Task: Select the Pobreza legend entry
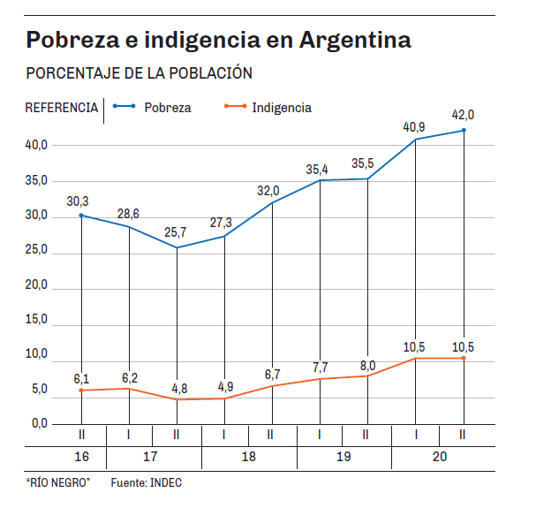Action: [x=167, y=108]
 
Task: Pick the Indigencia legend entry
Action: [x=281, y=108]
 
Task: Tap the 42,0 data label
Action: [x=463, y=115]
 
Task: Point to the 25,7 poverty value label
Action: [x=177, y=231]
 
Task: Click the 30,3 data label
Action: [x=79, y=200]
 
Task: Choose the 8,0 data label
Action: [x=368, y=365]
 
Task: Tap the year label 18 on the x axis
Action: [x=248, y=457]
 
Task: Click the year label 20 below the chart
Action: [x=440, y=457]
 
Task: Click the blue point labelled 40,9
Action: [x=416, y=139]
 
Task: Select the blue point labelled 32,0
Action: [x=272, y=203]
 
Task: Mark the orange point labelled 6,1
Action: [x=81, y=390]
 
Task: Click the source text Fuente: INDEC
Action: [x=146, y=483]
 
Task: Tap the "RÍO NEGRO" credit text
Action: [x=58, y=483]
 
